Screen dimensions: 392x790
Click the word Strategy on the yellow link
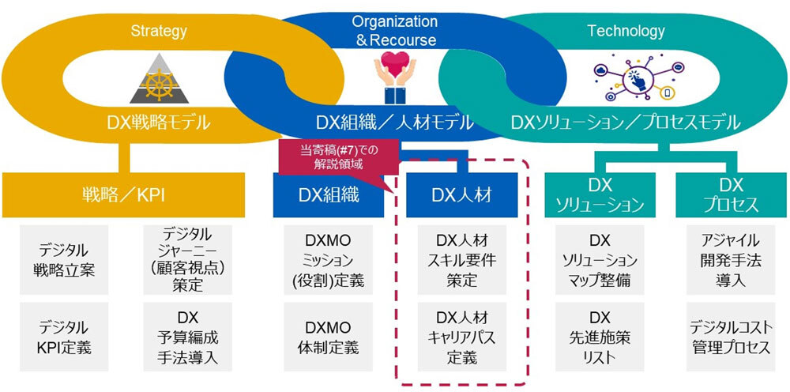tap(160, 32)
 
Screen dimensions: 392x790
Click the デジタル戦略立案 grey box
tap(66, 259)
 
